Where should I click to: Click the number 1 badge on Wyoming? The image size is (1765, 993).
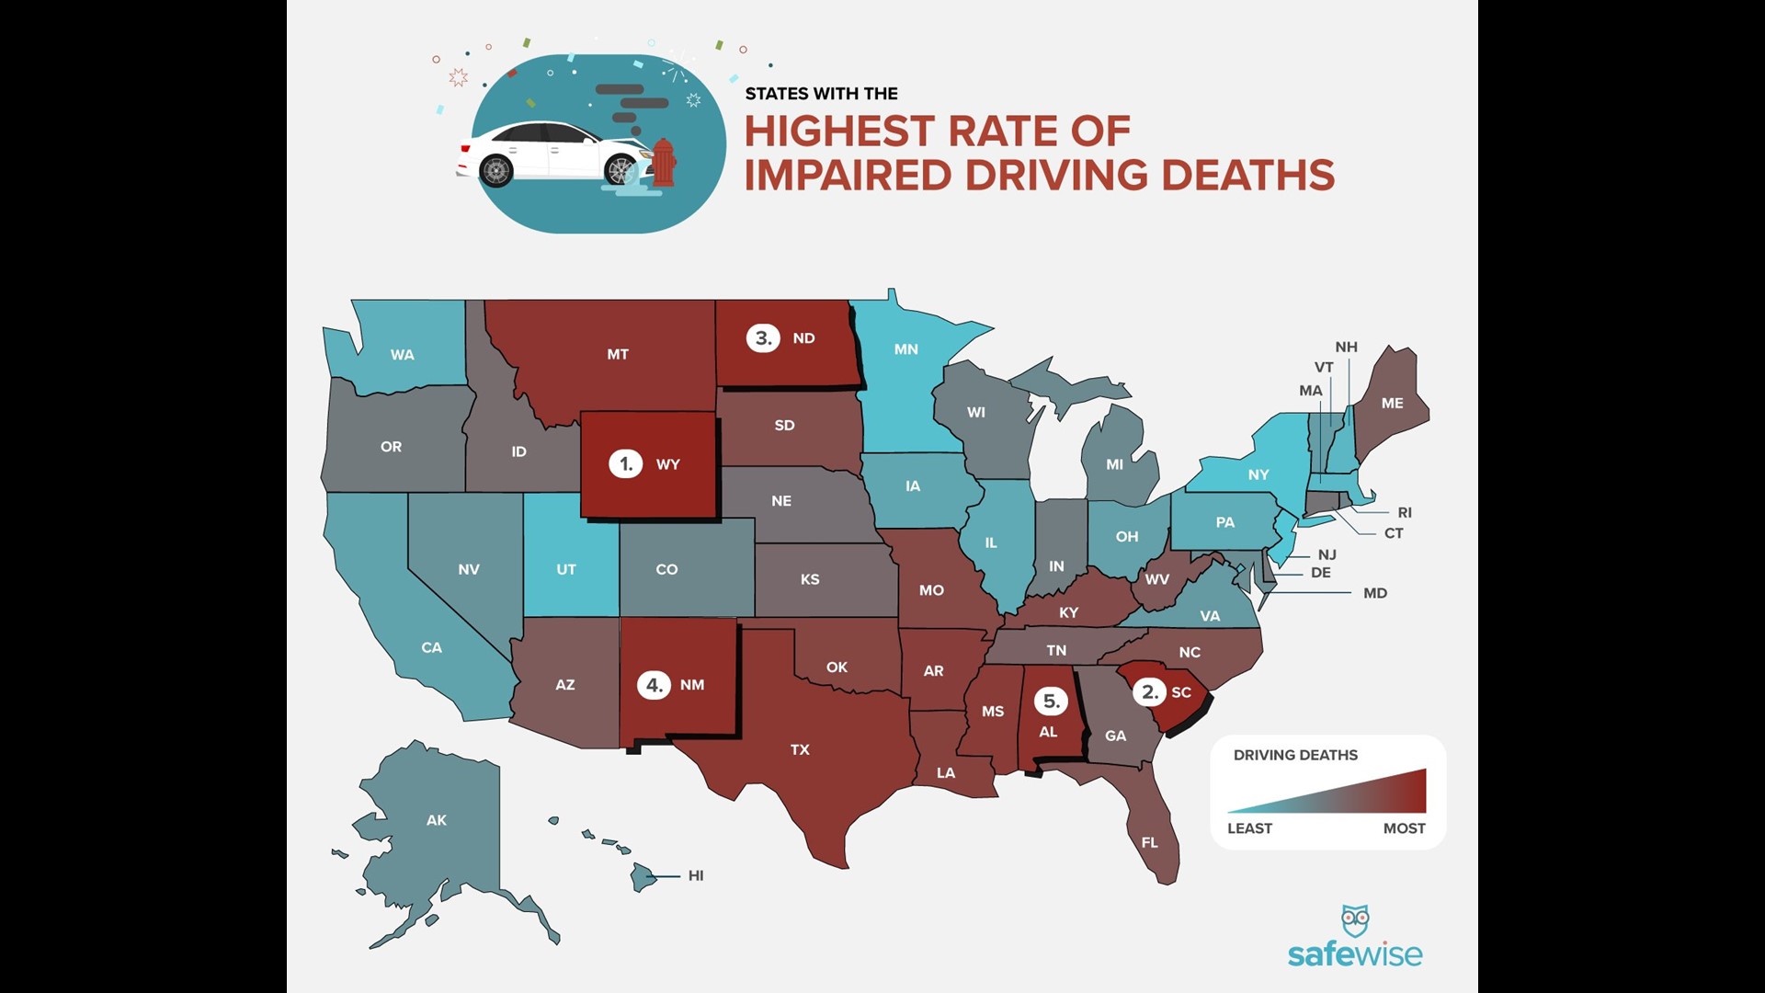(x=626, y=463)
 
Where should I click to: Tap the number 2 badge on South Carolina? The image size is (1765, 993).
(x=1149, y=691)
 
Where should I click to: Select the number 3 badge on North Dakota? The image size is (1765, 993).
(x=763, y=337)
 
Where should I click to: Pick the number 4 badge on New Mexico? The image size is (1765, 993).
(x=654, y=685)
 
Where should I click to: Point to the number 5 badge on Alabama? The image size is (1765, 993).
(x=1050, y=702)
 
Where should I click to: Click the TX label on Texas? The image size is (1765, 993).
(x=800, y=749)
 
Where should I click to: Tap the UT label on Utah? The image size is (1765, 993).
(x=566, y=569)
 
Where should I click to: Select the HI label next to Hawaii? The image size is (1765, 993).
(x=696, y=875)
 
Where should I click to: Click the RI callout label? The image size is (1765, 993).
(x=1404, y=512)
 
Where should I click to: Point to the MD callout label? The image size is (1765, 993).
(x=1375, y=593)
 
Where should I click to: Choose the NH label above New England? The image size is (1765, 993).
(x=1346, y=347)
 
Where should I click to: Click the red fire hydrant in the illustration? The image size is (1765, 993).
(x=663, y=163)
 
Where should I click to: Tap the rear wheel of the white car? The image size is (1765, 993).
(x=496, y=171)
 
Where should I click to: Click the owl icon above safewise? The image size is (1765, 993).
(x=1355, y=920)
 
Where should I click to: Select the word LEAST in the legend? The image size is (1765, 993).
(x=1249, y=828)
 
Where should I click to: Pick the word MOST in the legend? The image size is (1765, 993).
(x=1404, y=828)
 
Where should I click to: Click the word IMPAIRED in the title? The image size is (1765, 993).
(x=848, y=176)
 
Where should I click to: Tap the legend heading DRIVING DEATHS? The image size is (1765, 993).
(x=1295, y=755)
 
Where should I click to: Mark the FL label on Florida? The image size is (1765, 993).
(x=1149, y=842)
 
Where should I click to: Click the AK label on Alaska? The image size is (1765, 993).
(x=437, y=820)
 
